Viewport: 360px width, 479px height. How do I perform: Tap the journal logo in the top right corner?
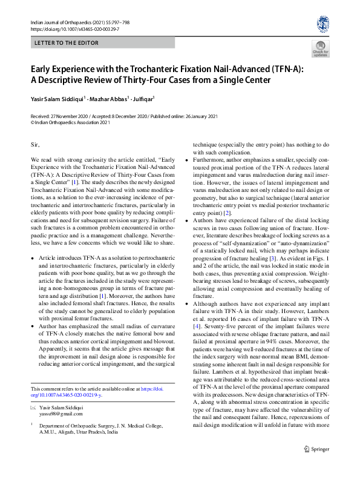pyautogui.click(x=322, y=24)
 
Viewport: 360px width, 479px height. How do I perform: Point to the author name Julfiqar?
pyautogui.click(x=144, y=99)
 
